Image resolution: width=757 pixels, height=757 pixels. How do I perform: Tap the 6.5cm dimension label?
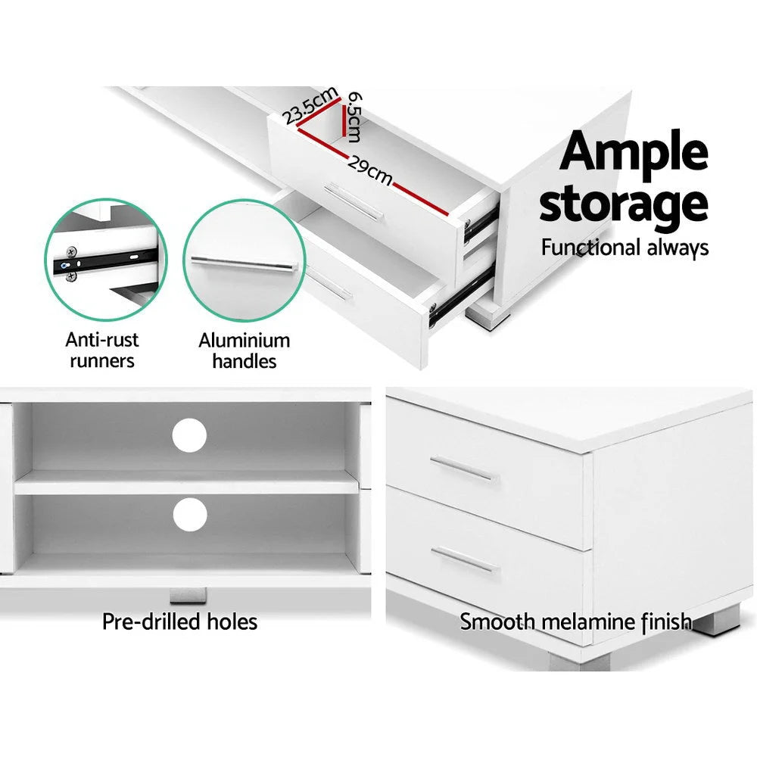point(351,117)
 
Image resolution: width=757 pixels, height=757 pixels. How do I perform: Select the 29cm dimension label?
point(370,170)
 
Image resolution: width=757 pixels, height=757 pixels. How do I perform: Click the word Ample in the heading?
point(634,153)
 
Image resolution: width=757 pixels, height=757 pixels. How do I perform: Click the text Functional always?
point(625,248)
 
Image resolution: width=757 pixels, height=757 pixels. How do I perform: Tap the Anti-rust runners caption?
point(102,350)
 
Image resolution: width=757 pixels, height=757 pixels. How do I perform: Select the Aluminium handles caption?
point(244,350)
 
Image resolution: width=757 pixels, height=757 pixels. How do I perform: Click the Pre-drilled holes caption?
point(180,622)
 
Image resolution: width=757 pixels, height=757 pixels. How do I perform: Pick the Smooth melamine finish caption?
point(575,622)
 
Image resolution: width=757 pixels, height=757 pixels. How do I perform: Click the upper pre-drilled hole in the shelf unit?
point(189,435)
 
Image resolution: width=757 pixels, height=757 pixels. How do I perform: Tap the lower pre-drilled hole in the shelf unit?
point(189,515)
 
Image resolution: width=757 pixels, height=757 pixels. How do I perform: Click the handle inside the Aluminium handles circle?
point(242,264)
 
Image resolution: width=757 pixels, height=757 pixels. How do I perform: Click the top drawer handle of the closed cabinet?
point(463,469)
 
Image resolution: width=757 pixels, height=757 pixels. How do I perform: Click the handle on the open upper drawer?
point(356,201)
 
